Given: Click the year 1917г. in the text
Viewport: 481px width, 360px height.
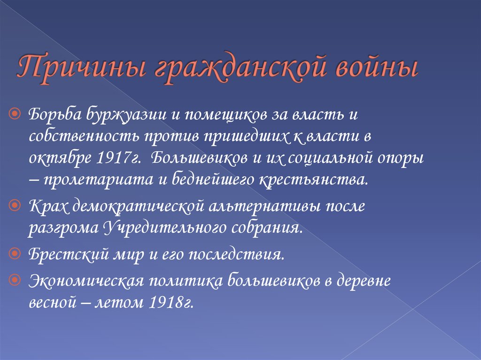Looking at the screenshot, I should pyautogui.click(x=116, y=157).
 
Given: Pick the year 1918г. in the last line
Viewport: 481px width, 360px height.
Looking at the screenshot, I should pyautogui.click(x=171, y=303).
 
